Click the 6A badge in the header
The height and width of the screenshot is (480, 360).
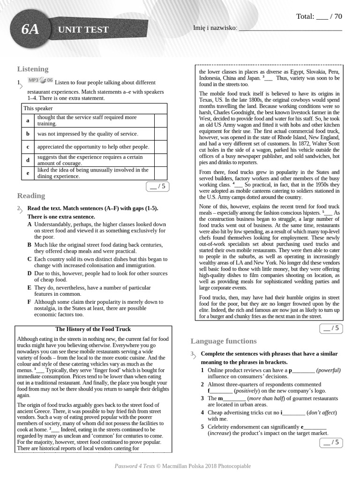click(x=30, y=30)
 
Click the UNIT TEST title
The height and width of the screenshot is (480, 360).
click(x=83, y=30)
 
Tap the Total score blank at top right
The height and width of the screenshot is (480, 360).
click(x=322, y=17)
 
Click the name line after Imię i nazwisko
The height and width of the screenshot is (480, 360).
click(x=290, y=29)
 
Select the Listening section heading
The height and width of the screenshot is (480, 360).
click(x=33, y=69)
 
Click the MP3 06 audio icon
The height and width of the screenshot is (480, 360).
click(x=40, y=81)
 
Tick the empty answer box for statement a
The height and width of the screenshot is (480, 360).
click(x=160, y=120)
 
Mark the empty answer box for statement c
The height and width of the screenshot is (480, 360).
click(x=160, y=147)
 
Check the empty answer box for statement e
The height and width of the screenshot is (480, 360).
click(x=160, y=173)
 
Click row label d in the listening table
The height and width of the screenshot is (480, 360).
click(x=28, y=160)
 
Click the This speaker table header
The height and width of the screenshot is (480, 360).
click(x=38, y=108)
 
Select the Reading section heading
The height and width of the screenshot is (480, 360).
click(x=31, y=195)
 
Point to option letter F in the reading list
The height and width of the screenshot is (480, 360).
click(x=30, y=302)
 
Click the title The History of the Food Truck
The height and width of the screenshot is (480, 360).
click(x=93, y=329)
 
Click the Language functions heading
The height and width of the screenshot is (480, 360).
click(x=224, y=341)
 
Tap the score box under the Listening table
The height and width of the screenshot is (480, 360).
click(x=157, y=187)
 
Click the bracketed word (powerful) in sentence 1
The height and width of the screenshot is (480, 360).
click(x=328, y=370)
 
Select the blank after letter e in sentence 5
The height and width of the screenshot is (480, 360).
click(x=315, y=427)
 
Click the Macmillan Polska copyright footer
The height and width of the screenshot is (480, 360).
click(x=183, y=466)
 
